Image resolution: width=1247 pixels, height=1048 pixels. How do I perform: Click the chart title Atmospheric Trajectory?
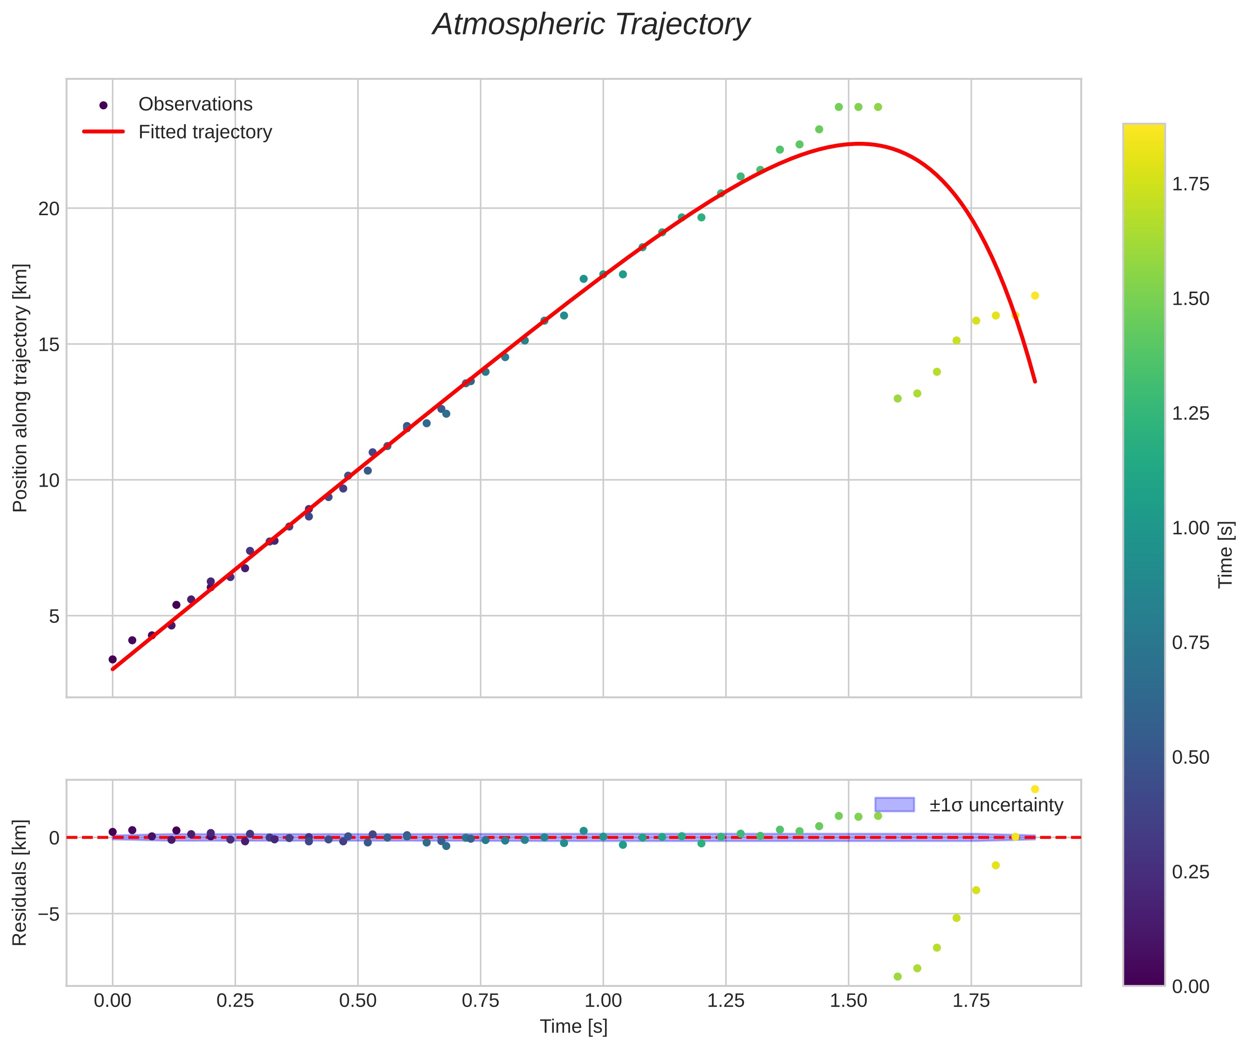pyautogui.click(x=591, y=25)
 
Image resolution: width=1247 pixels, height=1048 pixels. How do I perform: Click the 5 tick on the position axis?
pyautogui.click(x=54, y=616)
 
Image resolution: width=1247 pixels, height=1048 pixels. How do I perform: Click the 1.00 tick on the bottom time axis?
pyautogui.click(x=603, y=1001)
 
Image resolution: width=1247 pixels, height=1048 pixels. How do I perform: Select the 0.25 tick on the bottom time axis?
pyautogui.click(x=235, y=1001)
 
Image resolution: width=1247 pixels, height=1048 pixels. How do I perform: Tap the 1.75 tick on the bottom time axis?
pyautogui.click(x=971, y=1001)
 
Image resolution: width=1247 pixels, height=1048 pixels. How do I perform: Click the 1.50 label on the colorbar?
pyautogui.click(x=1191, y=299)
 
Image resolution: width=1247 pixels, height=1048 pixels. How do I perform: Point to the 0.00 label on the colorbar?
pyautogui.click(x=1191, y=987)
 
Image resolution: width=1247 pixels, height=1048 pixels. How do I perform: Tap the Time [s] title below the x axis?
pyautogui.click(x=573, y=1027)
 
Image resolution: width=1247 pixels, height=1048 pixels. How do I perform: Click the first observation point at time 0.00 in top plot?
pyautogui.click(x=112, y=659)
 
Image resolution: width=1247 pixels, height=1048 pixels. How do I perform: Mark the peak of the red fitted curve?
pyautogui.click(x=858, y=143)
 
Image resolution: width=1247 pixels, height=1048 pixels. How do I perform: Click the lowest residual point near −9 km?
pyautogui.click(x=898, y=977)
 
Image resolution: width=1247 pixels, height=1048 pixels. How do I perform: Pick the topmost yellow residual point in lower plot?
pyautogui.click(x=1035, y=789)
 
